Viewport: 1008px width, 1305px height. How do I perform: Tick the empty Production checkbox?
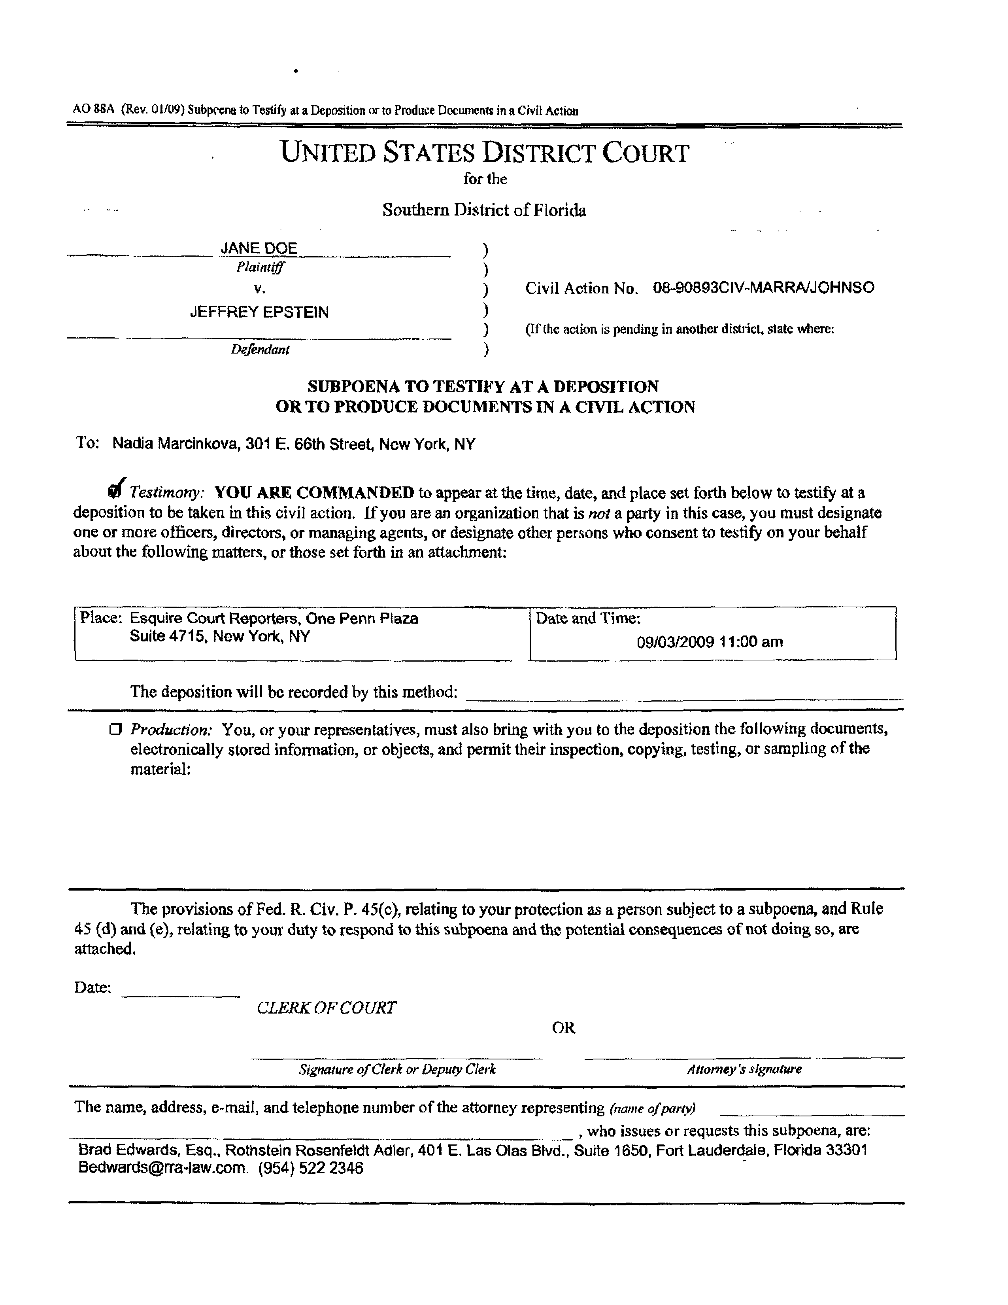[115, 729]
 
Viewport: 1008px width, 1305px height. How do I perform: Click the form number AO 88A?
[93, 110]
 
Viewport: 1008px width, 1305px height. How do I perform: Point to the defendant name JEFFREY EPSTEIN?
[259, 312]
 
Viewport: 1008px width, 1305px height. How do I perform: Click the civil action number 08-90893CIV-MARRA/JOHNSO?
[763, 287]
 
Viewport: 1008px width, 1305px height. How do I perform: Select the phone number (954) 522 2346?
[310, 1167]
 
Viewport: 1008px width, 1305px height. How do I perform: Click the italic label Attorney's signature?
[744, 1069]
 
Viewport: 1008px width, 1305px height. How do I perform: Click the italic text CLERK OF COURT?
[326, 1008]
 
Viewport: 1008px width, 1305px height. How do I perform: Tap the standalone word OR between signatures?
[563, 1027]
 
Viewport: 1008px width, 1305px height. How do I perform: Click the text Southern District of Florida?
[484, 210]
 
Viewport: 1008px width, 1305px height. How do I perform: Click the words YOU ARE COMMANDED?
[314, 492]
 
